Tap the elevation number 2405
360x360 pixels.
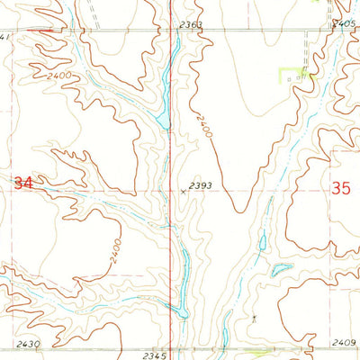[343, 23]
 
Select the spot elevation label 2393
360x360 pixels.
[201, 186]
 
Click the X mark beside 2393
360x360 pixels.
[183, 191]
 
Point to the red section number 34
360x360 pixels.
[24, 183]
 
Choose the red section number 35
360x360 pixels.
[340, 188]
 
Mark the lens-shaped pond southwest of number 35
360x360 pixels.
[281, 269]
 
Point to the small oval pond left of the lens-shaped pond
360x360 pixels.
[262, 240]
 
